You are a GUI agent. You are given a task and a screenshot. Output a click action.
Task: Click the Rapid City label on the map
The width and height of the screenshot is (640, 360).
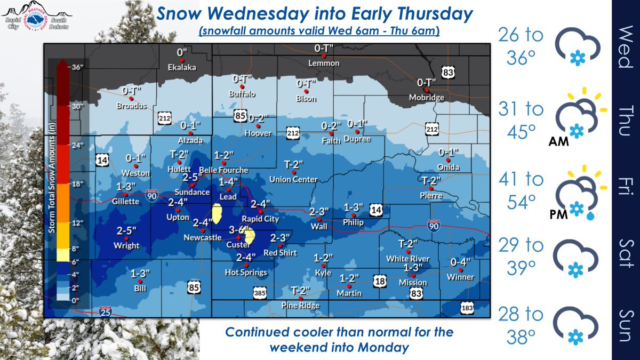(261, 219)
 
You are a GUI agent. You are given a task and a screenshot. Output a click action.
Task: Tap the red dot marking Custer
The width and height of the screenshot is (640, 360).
(239, 236)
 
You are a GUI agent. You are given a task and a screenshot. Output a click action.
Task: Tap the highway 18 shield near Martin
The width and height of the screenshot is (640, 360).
(379, 281)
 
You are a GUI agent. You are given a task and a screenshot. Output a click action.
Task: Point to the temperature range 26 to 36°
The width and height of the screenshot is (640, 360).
(521, 46)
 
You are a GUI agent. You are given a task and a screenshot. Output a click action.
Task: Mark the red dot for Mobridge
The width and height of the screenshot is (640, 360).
(426, 90)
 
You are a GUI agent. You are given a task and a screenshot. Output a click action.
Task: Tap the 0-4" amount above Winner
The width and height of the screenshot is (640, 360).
(461, 262)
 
